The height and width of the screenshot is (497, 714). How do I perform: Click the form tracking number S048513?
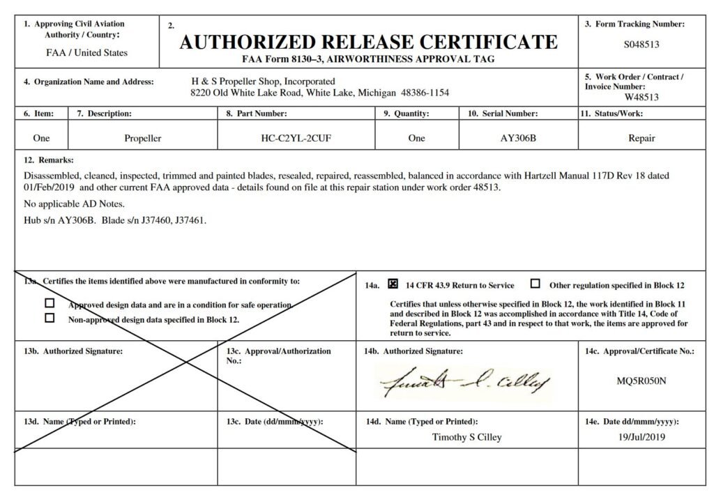click(x=641, y=45)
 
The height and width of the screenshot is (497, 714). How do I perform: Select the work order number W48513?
click(x=641, y=97)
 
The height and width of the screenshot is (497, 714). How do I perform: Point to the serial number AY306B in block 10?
click(x=518, y=138)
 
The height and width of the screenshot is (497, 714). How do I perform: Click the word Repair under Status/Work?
click(x=641, y=138)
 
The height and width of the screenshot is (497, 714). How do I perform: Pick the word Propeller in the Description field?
click(x=142, y=138)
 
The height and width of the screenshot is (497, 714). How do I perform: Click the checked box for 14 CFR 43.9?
click(x=393, y=284)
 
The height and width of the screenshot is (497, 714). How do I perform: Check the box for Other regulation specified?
click(x=535, y=284)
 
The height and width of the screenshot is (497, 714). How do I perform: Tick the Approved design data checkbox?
click(x=50, y=304)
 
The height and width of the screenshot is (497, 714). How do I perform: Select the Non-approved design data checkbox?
click(x=50, y=319)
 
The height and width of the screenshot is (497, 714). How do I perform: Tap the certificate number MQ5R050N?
click(x=641, y=381)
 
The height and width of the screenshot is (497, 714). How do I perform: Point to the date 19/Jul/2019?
click(x=641, y=437)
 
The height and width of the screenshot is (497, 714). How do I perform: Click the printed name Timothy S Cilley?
click(x=466, y=437)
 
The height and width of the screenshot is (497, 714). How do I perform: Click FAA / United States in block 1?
click(x=86, y=53)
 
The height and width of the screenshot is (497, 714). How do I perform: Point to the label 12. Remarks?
click(x=48, y=160)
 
